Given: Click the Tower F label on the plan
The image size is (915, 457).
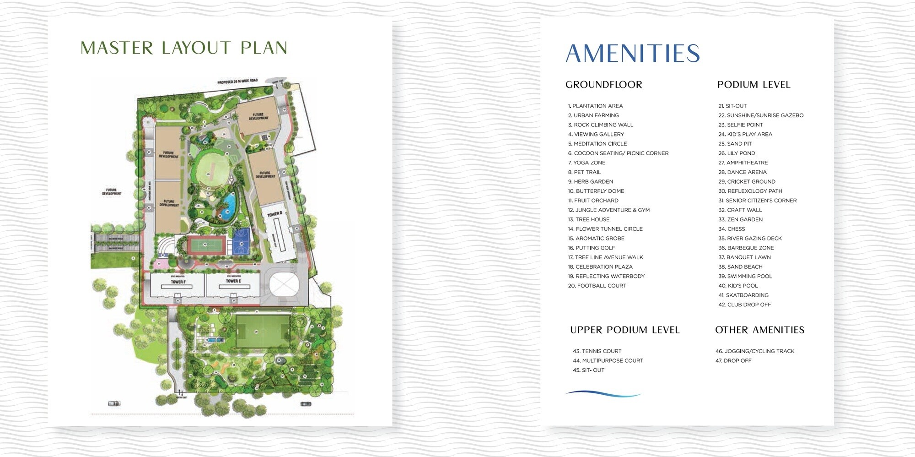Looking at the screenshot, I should coord(178,282).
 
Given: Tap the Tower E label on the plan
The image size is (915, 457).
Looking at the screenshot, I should coord(233,281).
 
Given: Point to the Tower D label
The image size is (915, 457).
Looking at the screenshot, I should coord(274,214).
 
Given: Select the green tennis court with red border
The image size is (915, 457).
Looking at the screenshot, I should coord(205,245).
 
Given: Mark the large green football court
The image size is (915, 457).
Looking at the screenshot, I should coord(263,331).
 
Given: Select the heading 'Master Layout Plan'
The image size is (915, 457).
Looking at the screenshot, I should coord(184,48).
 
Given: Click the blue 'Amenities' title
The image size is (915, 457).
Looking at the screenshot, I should coord(633,54).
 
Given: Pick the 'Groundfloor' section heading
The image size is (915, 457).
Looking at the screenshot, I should coord(603,85).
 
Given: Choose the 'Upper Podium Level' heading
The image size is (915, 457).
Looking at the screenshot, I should coord(624,330).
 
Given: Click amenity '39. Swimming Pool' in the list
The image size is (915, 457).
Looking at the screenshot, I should coord(745,276).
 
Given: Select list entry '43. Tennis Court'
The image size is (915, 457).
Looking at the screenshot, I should coord(597,351).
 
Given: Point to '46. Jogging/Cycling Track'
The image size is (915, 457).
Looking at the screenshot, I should coord(754,351).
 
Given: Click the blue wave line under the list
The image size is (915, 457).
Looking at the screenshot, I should coord(603,393).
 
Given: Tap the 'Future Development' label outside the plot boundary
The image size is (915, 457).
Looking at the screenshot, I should coord(111,191).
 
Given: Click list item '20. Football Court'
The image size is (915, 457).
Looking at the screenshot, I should coord(597,286).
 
